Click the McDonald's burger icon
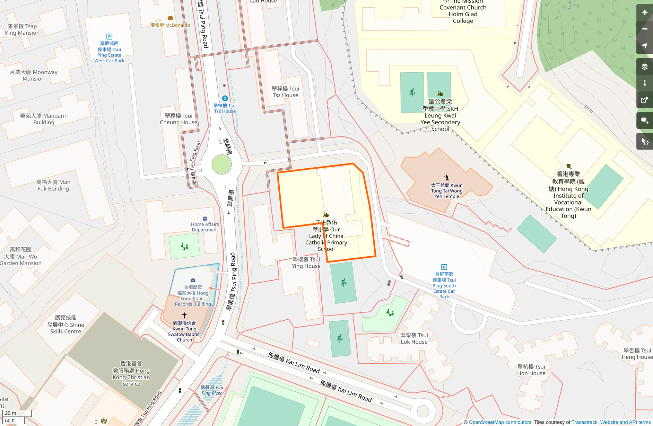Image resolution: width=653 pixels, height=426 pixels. [170, 18]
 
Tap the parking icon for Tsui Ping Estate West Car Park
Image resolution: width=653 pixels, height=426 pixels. [109, 36]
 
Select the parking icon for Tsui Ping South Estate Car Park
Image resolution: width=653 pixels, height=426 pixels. [444, 267]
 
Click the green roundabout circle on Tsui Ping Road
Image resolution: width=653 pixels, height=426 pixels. [221, 165]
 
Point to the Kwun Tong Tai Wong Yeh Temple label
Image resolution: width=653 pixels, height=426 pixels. [446, 191]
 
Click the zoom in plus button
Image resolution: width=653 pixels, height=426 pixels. [644, 12]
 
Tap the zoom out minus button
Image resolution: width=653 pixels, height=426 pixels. [644, 29]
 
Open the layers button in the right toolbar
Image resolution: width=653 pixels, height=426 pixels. [644, 66]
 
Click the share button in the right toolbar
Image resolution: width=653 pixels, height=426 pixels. [644, 100]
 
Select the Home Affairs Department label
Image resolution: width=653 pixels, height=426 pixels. [205, 227]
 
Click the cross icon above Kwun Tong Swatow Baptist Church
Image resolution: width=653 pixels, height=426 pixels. [184, 315]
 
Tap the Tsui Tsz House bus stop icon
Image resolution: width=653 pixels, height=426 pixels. [225, 98]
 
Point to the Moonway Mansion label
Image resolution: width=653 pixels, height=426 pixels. [34, 75]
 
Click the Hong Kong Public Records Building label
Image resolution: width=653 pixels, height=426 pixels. [193, 295]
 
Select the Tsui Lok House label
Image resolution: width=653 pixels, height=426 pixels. [414, 338]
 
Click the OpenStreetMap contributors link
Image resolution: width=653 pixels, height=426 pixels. [500, 422]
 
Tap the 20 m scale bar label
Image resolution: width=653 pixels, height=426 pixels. [10, 413]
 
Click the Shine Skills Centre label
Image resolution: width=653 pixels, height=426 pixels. [66, 325]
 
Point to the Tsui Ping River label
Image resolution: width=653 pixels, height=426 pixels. [211, 390]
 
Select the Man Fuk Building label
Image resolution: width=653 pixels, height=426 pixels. [53, 185]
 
